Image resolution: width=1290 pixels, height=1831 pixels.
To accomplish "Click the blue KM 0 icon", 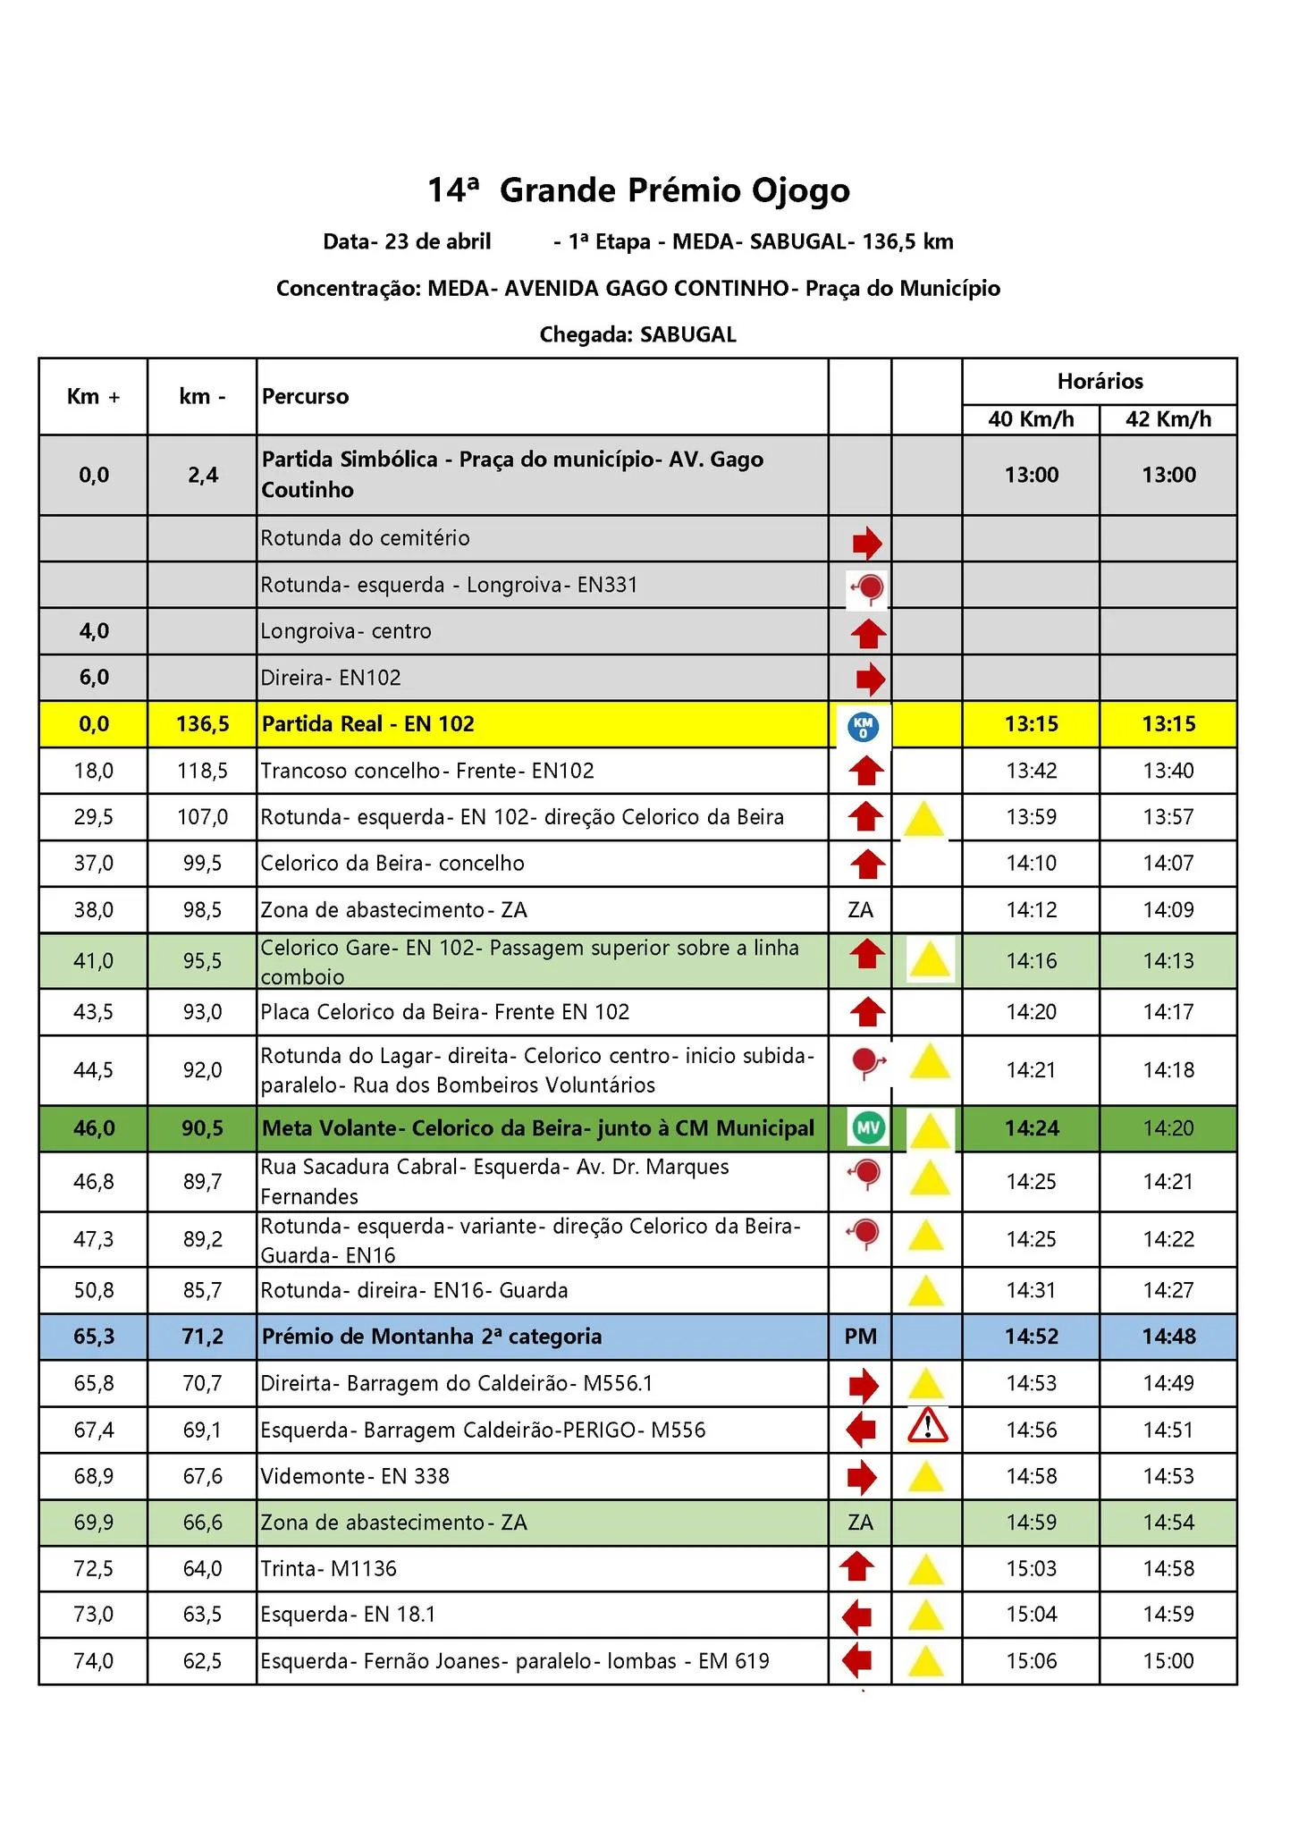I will (863, 726).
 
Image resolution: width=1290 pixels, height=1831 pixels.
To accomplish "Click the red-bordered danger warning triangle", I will (927, 1426).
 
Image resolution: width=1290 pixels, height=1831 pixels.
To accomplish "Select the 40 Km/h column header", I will (1031, 419).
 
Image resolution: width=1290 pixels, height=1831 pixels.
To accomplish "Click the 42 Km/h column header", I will (1168, 419).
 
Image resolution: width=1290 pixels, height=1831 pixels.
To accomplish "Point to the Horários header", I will (1100, 382).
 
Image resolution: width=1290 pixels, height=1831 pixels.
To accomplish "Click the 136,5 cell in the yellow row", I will (202, 724).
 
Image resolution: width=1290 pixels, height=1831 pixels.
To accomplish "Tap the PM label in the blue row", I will (860, 1337).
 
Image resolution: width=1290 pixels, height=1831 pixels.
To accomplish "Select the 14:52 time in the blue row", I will (1031, 1337).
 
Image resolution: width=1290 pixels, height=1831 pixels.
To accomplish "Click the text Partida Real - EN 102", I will (367, 724).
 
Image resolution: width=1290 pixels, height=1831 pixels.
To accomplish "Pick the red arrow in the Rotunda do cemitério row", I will (866, 542).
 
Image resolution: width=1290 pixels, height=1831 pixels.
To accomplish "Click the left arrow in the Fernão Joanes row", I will (857, 1660).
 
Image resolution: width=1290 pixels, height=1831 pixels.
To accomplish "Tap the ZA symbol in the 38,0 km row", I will (860, 910).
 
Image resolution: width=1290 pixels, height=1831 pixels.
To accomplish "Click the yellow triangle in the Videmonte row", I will (925, 1476).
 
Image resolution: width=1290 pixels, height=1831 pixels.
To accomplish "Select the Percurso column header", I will (305, 397).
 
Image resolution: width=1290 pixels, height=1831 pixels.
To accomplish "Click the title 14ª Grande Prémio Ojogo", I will (638, 190).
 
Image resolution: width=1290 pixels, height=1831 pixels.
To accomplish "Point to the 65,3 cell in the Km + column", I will (93, 1337).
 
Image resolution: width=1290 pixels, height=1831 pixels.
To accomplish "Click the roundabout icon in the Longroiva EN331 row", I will (866, 588).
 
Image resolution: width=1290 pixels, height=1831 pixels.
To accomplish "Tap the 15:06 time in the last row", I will (1031, 1661).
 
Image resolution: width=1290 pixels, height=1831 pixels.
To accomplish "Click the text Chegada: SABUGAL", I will (638, 335).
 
